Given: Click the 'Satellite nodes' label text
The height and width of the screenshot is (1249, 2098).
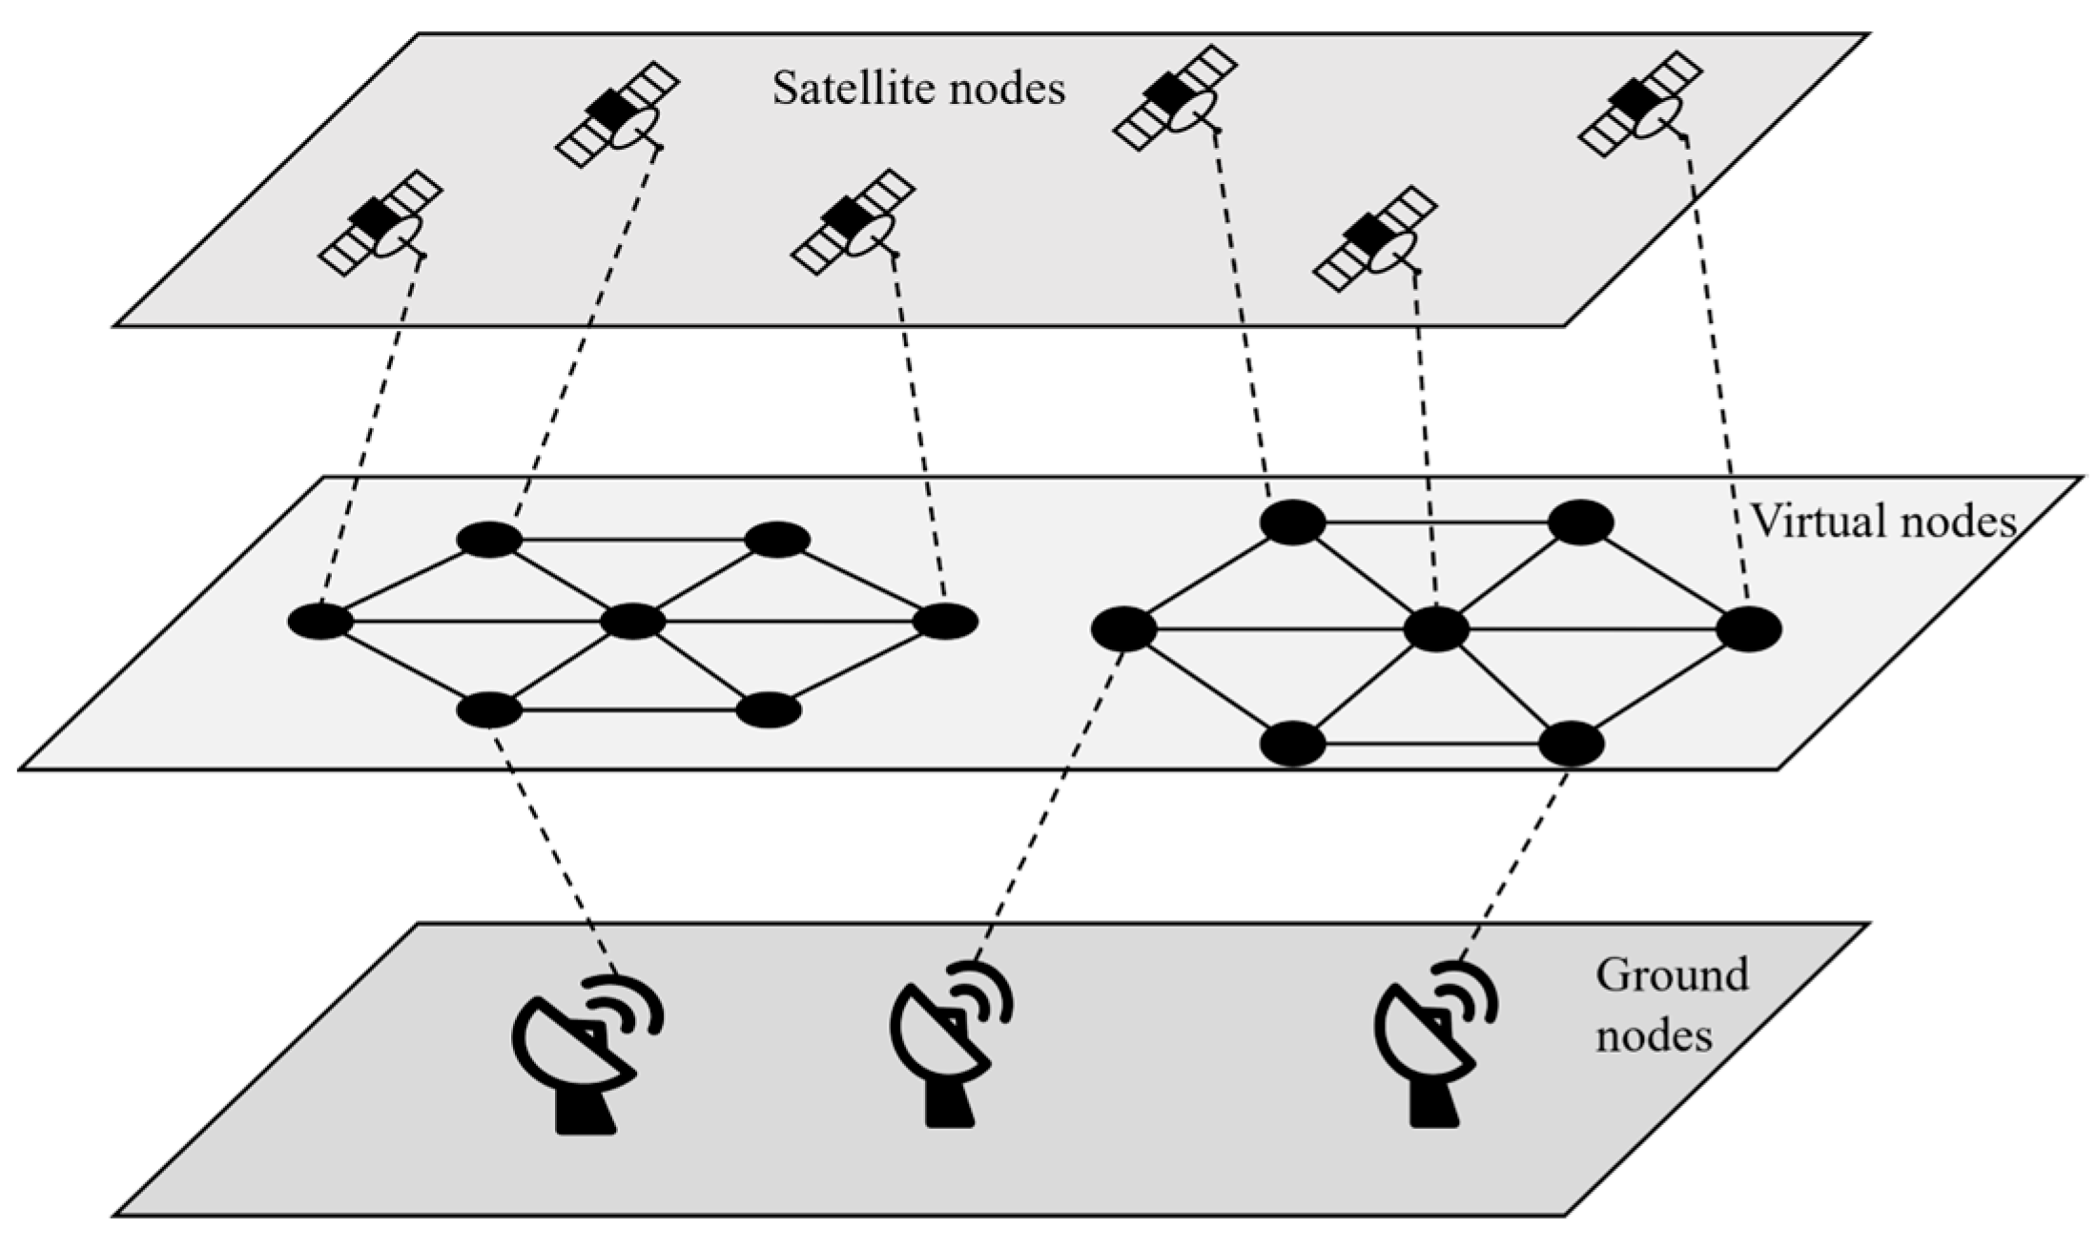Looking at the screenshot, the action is click(x=918, y=89).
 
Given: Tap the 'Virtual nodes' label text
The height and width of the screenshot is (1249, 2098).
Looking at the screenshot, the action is click(x=1883, y=522).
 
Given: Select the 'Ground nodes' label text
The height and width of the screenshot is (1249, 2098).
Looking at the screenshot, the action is click(x=1671, y=1005).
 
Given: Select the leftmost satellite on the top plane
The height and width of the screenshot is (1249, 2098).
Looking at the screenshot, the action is click(x=381, y=223).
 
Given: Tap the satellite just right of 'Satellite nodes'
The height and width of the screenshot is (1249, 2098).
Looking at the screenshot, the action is click(x=1176, y=96).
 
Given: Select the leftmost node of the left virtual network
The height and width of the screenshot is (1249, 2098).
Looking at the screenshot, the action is click(x=320, y=622).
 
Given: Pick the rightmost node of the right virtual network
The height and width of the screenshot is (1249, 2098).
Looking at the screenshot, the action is click(x=1749, y=630).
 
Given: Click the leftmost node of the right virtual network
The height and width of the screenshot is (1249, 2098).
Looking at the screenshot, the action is click(x=1123, y=629).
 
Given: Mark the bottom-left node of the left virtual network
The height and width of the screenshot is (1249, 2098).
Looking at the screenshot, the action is click(x=489, y=710).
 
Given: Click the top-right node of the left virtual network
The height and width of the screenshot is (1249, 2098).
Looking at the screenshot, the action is click(x=777, y=540).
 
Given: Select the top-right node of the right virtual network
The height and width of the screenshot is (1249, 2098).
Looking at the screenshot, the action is click(x=1580, y=522).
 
